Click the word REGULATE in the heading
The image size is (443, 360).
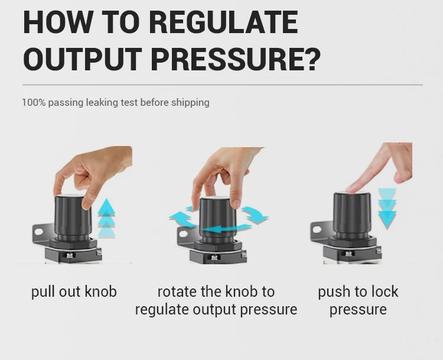(x=223, y=22)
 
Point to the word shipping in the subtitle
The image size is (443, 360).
(x=190, y=103)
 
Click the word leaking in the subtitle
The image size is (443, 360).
(x=102, y=103)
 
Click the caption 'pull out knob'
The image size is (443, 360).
(x=74, y=291)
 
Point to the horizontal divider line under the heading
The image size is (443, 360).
(x=222, y=85)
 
